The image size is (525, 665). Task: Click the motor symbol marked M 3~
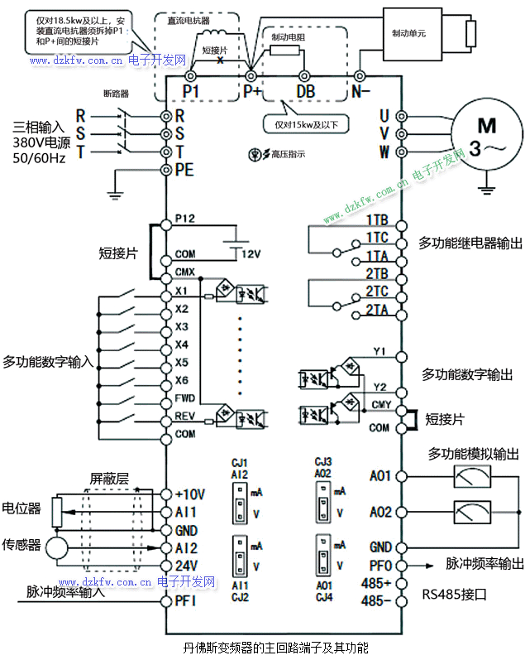click(487, 136)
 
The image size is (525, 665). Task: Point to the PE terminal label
click(184, 171)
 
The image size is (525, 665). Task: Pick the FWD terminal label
click(185, 398)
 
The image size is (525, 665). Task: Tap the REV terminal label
click(185, 416)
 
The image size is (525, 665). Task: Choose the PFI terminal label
click(185, 601)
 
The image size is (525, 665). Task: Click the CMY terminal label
click(380, 404)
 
